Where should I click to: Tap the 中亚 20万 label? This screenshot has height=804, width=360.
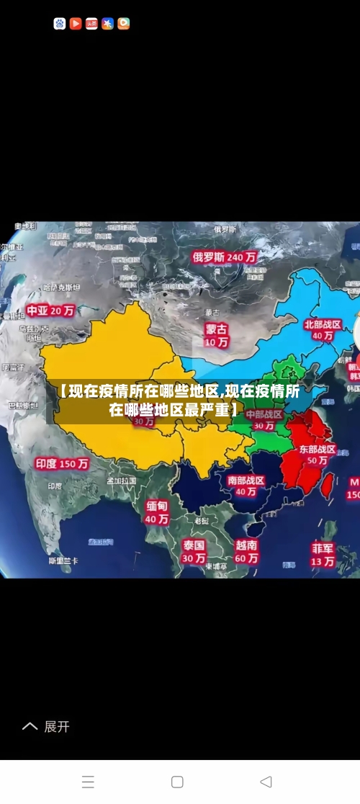[50, 311]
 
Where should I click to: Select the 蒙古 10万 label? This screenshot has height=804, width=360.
[216, 335]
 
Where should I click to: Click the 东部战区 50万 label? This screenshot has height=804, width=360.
[318, 455]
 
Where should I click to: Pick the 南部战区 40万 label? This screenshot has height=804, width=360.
[246, 486]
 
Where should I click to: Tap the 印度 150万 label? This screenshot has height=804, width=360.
[62, 464]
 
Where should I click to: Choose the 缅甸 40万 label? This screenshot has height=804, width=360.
[157, 512]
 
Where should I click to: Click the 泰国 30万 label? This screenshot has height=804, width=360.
[193, 551]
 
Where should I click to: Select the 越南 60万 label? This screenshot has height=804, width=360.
[246, 552]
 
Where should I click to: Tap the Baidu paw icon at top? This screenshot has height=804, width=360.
[60, 24]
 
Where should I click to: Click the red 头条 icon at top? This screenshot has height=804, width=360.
[91, 24]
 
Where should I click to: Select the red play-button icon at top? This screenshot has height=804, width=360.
[76, 24]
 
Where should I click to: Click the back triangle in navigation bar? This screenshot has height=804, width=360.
[266, 782]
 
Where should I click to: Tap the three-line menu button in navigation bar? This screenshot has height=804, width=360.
[88, 782]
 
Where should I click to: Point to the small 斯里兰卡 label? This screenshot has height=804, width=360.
[63, 560]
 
